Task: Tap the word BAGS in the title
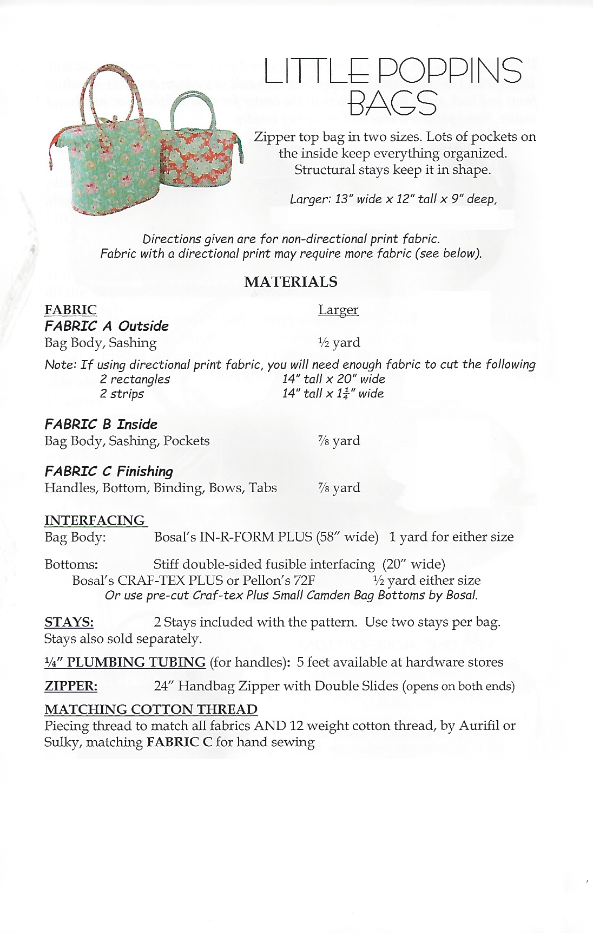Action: (x=392, y=103)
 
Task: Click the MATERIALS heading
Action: (x=291, y=282)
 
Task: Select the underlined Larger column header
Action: (x=338, y=310)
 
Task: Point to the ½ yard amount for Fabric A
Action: (x=339, y=343)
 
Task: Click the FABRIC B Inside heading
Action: (x=101, y=425)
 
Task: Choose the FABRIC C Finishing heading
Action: (x=109, y=472)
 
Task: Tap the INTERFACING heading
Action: (x=95, y=520)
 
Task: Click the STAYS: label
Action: (x=69, y=622)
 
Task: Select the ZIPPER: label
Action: (x=71, y=686)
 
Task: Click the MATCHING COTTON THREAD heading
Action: (x=151, y=709)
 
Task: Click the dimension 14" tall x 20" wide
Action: (x=333, y=379)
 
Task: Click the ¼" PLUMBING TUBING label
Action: (x=125, y=662)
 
